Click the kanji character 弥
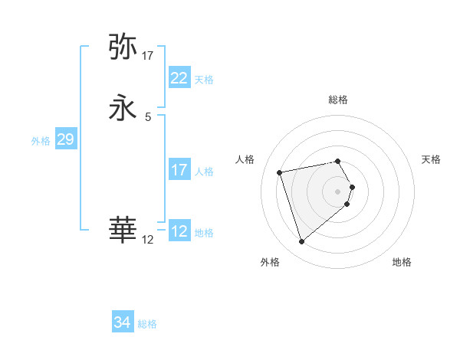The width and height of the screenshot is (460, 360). click(x=123, y=47)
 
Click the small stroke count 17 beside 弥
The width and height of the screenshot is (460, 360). click(x=148, y=56)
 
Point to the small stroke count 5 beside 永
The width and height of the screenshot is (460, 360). click(x=148, y=117)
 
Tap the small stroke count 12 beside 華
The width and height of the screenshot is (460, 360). click(x=148, y=240)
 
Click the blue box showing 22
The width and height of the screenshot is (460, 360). click(x=179, y=78)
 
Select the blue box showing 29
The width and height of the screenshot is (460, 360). click(x=65, y=139)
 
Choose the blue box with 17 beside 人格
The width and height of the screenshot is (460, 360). click(x=179, y=170)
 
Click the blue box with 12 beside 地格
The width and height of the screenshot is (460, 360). click(x=179, y=231)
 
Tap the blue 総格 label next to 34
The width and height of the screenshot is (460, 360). click(x=148, y=324)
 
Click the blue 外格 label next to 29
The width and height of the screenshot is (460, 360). click(x=41, y=141)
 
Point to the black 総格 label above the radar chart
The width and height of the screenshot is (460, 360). click(x=338, y=100)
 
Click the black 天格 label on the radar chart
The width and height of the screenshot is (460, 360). click(x=432, y=159)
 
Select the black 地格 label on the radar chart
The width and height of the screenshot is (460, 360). click(x=402, y=262)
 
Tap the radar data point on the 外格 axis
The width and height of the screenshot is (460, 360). click(x=301, y=242)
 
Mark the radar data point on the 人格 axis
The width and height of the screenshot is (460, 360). click(x=280, y=172)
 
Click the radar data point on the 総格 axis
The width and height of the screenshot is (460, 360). click(x=338, y=161)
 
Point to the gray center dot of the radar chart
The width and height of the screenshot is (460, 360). click(x=338, y=191)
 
